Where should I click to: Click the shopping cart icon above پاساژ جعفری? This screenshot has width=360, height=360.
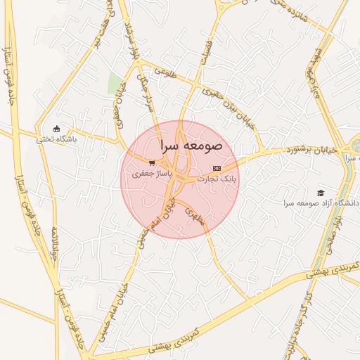tap(152, 163)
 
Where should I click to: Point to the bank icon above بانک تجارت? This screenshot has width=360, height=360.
tap(216, 169)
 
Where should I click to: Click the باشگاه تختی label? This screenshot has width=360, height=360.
tap(56, 139)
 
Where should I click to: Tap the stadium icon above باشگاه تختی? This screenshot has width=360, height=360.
tap(57, 128)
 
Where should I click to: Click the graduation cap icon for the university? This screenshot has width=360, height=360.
tap(321, 193)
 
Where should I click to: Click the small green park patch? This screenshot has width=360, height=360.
tap(115, 83)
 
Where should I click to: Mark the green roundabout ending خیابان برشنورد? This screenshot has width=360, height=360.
tap(356, 146)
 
